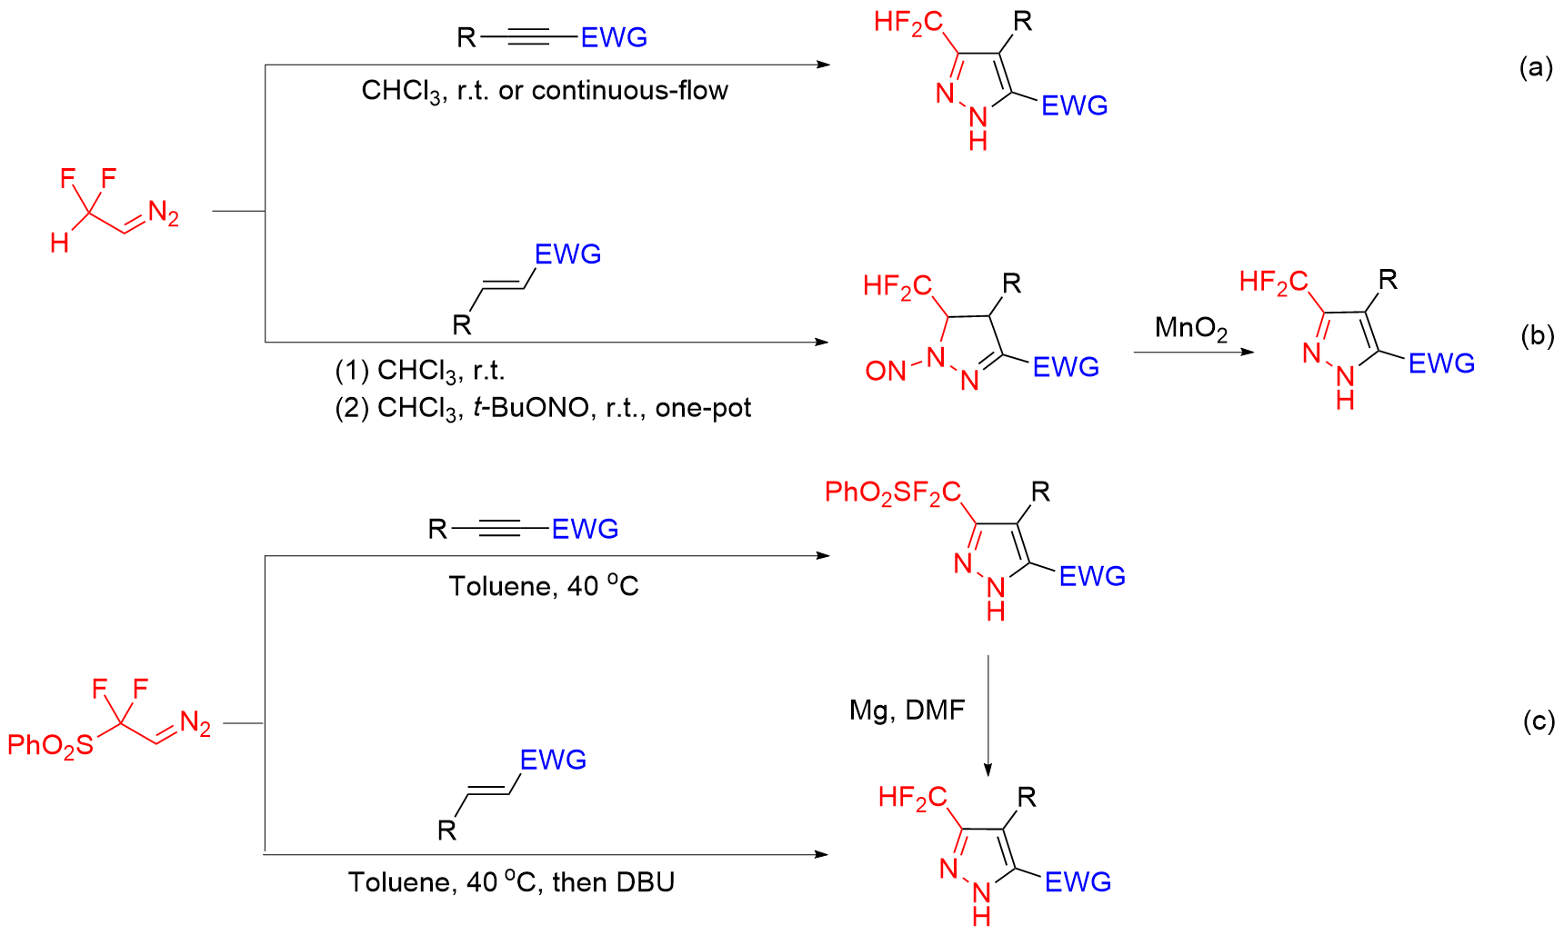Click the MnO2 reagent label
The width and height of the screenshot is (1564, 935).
tap(1191, 329)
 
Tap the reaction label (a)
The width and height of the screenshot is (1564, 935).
tap(1537, 67)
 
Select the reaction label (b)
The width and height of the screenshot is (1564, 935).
tap(1538, 335)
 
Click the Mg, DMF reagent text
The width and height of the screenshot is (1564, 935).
tap(907, 710)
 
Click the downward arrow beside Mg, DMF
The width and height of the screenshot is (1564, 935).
tap(988, 716)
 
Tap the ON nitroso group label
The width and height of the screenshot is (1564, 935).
tap(886, 370)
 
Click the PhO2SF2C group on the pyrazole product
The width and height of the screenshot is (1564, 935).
tap(893, 493)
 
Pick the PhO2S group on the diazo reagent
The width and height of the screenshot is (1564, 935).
tap(50, 746)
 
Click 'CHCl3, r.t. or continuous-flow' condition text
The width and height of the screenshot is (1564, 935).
tap(545, 91)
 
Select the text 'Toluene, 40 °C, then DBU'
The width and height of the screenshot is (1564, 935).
tap(512, 882)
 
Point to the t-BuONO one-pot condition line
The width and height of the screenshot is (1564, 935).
tap(543, 409)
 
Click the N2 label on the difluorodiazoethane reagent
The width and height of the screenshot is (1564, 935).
tap(164, 214)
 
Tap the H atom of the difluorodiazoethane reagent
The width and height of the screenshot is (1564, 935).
tap(60, 243)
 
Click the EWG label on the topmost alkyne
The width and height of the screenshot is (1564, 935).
tap(615, 37)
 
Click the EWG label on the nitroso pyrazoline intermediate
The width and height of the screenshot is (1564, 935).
tap(1066, 367)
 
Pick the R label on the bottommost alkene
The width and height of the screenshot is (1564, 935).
tap(446, 831)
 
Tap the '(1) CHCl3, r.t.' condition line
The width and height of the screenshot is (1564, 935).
tap(419, 372)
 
